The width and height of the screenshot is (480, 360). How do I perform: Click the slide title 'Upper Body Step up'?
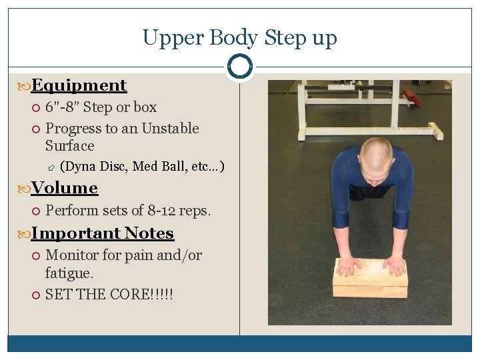(240, 37)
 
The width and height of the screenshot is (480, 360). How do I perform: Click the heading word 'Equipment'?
(79, 85)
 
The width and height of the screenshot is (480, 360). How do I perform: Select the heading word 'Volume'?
(65, 188)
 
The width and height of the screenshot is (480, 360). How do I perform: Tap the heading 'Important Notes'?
(102, 233)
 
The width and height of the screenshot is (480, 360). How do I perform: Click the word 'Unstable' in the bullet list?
(170, 129)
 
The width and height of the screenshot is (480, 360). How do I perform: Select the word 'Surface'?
(69, 146)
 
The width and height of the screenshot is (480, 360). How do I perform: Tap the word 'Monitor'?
(71, 255)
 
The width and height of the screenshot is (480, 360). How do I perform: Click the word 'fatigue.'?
(69, 273)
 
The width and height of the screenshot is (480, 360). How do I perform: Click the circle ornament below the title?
(240, 66)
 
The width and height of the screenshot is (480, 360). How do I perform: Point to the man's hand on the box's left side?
(349, 265)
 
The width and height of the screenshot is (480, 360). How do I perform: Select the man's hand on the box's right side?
(394, 265)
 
